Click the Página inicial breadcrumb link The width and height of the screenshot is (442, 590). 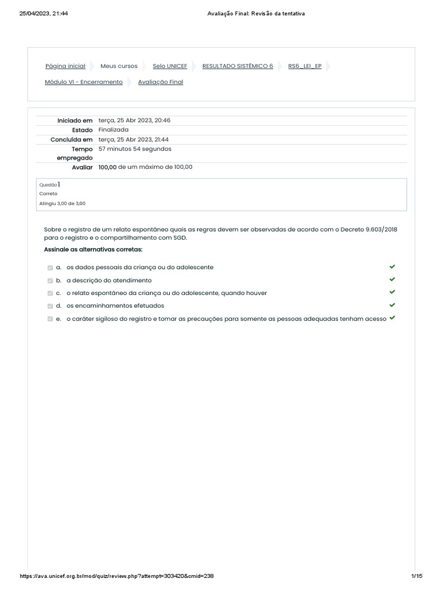65,66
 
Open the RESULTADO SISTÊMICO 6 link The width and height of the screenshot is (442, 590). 238,66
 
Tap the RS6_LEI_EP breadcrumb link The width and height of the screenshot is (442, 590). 304,66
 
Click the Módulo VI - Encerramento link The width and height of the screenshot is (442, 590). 83,82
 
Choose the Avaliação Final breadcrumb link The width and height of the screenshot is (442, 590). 161,82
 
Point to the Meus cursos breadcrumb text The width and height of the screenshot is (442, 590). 119,66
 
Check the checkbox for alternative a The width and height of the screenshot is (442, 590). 50,268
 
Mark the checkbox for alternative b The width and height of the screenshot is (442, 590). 50,281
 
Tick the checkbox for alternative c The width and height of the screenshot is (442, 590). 50,293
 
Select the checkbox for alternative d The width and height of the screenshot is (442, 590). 50,306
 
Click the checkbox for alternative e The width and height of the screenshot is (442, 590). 50,319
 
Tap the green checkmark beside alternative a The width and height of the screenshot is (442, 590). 392,267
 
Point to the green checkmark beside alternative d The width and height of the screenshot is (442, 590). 392,305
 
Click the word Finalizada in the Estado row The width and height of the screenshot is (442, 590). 113,130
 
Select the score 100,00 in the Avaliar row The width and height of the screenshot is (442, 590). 108,167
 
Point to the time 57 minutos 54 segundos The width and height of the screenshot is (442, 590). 135,149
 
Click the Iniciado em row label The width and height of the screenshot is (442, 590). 75,120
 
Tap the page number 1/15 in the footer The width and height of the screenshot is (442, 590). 417,576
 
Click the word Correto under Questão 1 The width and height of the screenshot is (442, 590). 48,194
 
